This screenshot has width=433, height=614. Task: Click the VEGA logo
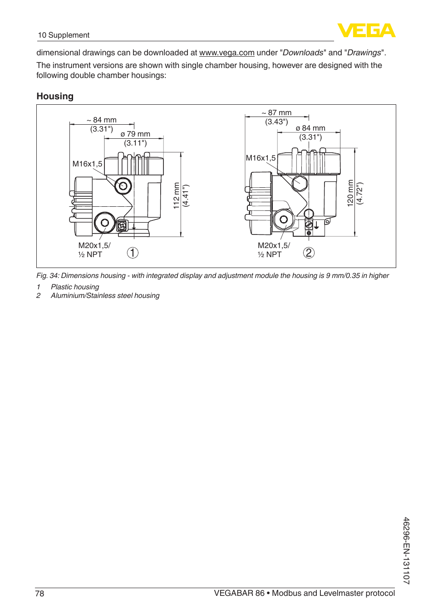(366, 30)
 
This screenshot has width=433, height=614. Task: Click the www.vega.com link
(226, 53)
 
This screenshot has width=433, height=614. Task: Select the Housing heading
(55, 96)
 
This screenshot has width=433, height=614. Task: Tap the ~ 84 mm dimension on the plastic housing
(102, 120)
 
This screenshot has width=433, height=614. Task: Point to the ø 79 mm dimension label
(135, 134)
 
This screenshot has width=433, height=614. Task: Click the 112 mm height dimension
(177, 195)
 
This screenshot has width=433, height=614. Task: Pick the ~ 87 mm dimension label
(277, 113)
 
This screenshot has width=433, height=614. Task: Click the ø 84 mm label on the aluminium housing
(310, 128)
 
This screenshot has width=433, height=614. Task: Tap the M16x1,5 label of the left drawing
(87, 164)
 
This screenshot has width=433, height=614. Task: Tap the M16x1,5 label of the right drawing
(261, 158)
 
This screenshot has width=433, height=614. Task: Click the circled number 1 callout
(133, 253)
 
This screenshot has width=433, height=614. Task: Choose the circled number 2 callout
(309, 253)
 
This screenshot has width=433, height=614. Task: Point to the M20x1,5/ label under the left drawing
(94, 245)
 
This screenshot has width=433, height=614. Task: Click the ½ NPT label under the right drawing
(270, 254)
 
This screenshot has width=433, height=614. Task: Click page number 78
(40, 594)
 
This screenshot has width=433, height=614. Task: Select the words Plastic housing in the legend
(75, 287)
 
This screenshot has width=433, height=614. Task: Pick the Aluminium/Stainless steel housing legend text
(105, 296)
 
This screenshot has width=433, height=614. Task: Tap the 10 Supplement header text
(64, 35)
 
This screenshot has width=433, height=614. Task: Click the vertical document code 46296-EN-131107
(406, 551)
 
